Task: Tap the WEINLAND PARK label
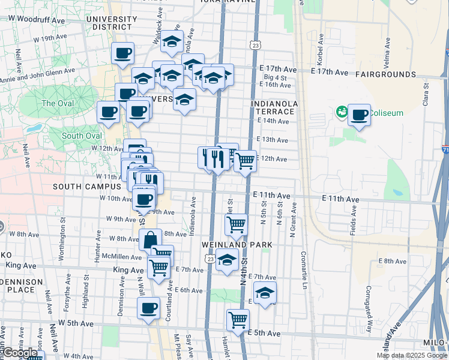click(237, 245)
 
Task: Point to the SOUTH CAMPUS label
click(83, 187)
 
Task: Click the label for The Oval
click(58, 103)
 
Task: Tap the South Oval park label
click(82, 136)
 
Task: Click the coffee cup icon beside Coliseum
click(360, 115)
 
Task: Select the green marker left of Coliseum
click(342, 112)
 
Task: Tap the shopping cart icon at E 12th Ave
click(244, 161)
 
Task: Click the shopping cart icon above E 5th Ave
click(238, 320)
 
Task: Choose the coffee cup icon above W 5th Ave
click(148, 308)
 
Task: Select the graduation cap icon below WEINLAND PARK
click(227, 260)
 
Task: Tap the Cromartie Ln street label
click(304, 269)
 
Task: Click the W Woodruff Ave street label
click(37, 20)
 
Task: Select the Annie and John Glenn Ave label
click(37, 74)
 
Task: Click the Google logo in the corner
click(20, 353)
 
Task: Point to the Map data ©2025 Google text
click(411, 355)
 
